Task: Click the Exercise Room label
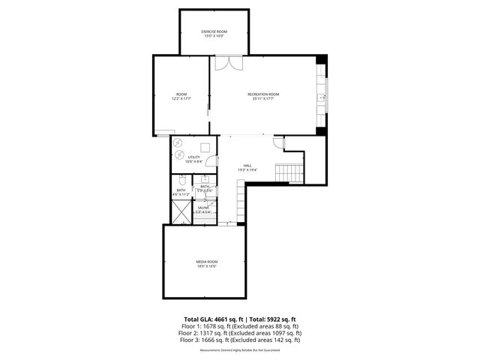click(214, 31)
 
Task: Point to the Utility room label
click(193, 157)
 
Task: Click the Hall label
click(247, 165)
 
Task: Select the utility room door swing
click(211, 160)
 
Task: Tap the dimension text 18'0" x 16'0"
click(206, 266)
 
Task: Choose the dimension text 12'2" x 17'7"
click(181, 98)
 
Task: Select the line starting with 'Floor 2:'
click(240, 333)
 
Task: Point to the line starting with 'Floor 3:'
click(240, 340)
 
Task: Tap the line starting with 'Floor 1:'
click(240, 326)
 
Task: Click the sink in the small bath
click(203, 180)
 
